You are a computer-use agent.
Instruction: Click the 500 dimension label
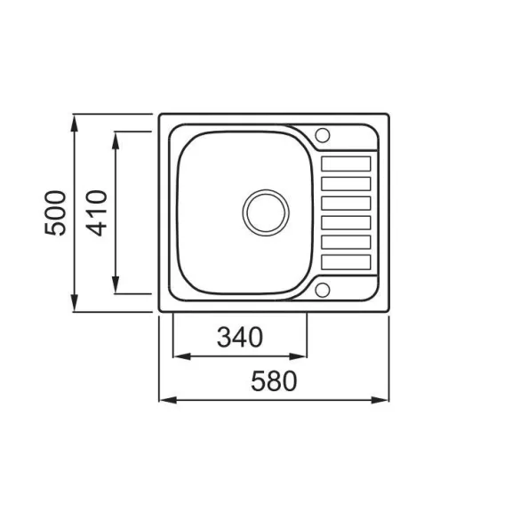[x=55, y=213]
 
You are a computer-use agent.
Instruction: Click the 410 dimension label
[x=97, y=213]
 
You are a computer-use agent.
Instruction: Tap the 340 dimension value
[x=240, y=337]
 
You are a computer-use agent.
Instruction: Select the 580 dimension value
[x=274, y=380]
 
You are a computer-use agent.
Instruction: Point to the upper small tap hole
[x=323, y=135]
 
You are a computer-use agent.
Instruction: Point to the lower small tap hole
[x=323, y=290]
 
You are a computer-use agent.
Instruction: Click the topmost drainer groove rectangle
[x=346, y=164]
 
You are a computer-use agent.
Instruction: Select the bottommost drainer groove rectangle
[x=346, y=262]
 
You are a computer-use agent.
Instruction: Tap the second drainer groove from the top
[x=346, y=184]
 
